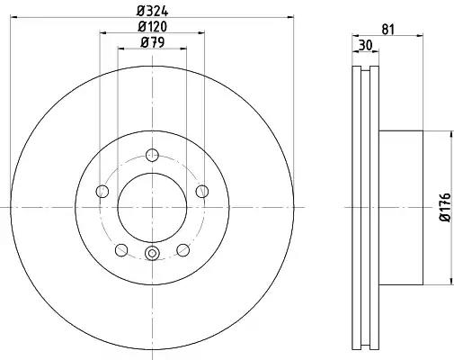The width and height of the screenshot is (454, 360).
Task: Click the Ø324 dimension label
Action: [153, 11]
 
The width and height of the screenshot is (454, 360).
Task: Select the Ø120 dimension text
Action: [152, 27]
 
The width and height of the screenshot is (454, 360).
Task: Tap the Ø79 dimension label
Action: [152, 42]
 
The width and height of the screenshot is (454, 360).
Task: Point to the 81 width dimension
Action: [387, 30]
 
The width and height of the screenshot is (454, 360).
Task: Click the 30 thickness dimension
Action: [365, 45]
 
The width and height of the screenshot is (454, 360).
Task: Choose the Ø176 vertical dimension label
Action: [445, 207]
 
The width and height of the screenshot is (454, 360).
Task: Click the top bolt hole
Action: [152, 155]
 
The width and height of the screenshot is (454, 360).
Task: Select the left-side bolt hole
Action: [102, 191]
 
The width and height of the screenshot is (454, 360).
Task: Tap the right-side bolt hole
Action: [202, 191]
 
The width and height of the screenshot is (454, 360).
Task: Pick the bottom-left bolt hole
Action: [121, 250]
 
